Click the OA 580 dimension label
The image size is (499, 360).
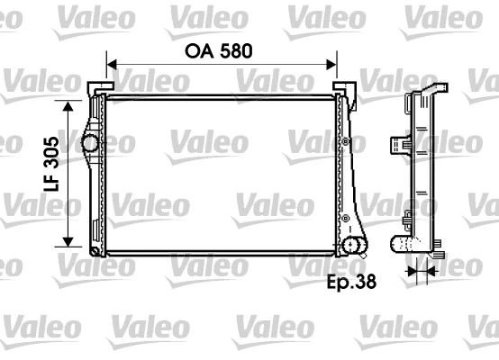(x=219, y=50)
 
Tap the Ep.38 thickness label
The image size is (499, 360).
(x=350, y=282)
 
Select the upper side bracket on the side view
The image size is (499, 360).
(x=397, y=144)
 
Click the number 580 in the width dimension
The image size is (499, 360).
(x=235, y=50)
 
